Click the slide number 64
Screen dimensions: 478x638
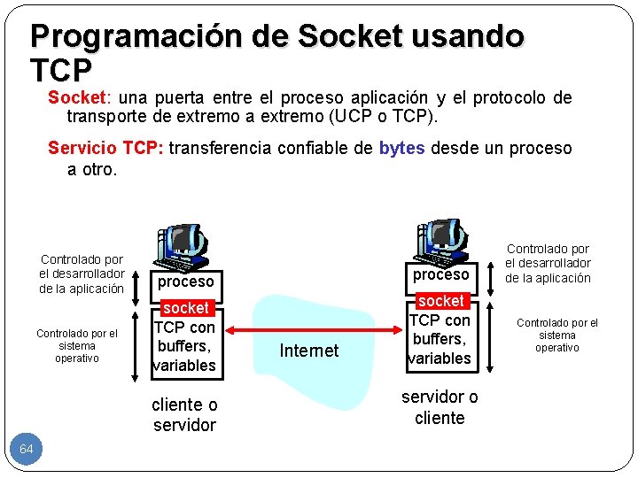pos(27,450)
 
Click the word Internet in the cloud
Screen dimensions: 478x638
pos(308,351)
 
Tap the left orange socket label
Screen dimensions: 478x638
pos(186,308)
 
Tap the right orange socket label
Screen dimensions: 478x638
pos(440,301)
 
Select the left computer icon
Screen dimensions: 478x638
pos(183,249)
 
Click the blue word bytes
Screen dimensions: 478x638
pos(402,148)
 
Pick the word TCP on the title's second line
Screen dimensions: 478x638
pos(61,68)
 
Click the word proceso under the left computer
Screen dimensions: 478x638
pos(186,281)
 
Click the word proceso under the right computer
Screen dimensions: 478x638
pos(440,274)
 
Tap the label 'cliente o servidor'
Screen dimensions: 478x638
pos(184,414)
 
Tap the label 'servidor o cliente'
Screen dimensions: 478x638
pos(440,407)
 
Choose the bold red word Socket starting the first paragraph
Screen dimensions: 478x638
pos(75,97)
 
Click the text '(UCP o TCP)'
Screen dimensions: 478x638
pos(387,116)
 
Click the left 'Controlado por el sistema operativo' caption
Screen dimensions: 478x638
pos(76,346)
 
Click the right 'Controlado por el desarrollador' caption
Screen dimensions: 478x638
pos(548,264)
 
